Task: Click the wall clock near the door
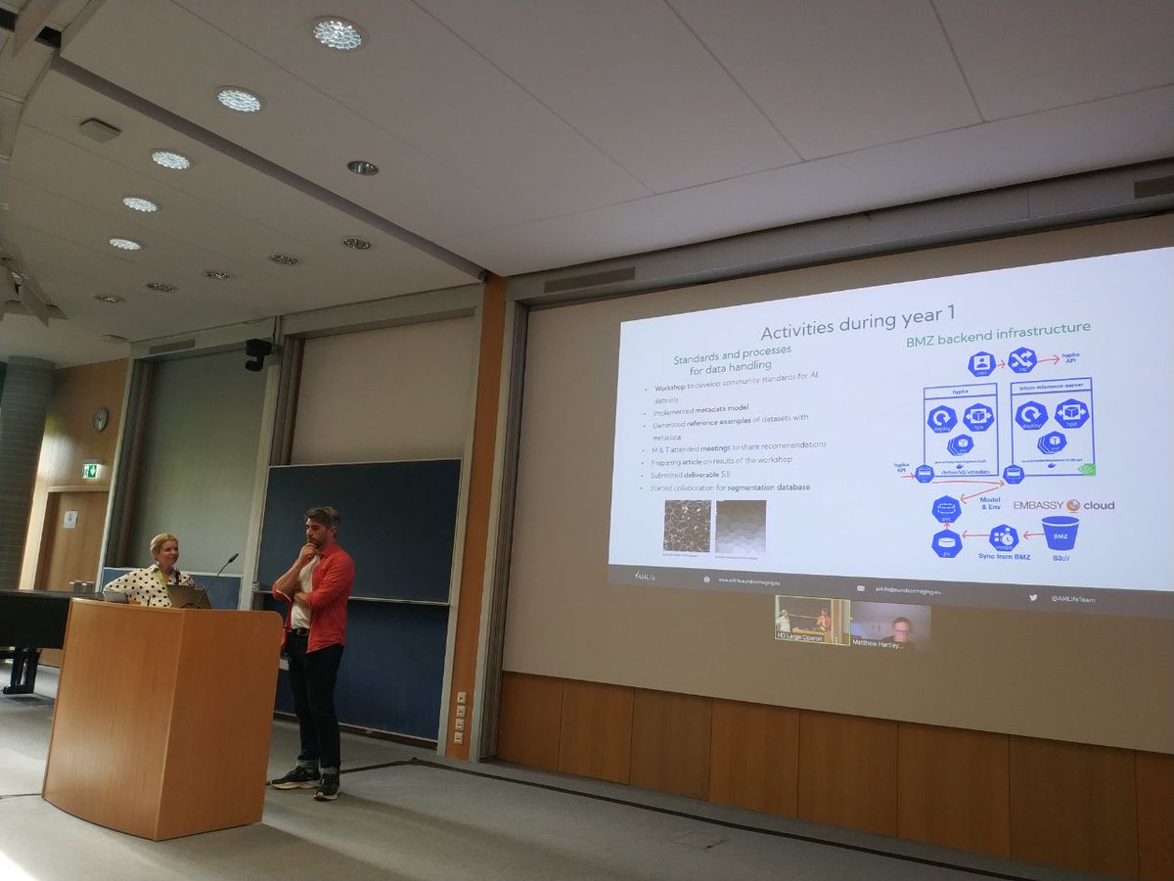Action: (100, 419)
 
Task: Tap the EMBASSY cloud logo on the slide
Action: (1063, 505)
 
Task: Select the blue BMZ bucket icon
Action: (1060, 533)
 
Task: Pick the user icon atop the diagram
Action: (981, 364)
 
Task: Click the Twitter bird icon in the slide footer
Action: (1033, 596)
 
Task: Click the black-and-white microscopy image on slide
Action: (687, 526)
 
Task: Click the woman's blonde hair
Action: (162, 542)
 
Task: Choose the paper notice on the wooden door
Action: (70, 519)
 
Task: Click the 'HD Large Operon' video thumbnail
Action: (812, 620)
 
